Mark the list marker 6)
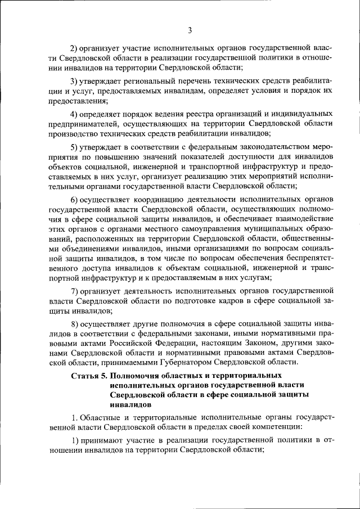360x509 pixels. (74, 200)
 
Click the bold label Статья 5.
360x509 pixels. (89, 375)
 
